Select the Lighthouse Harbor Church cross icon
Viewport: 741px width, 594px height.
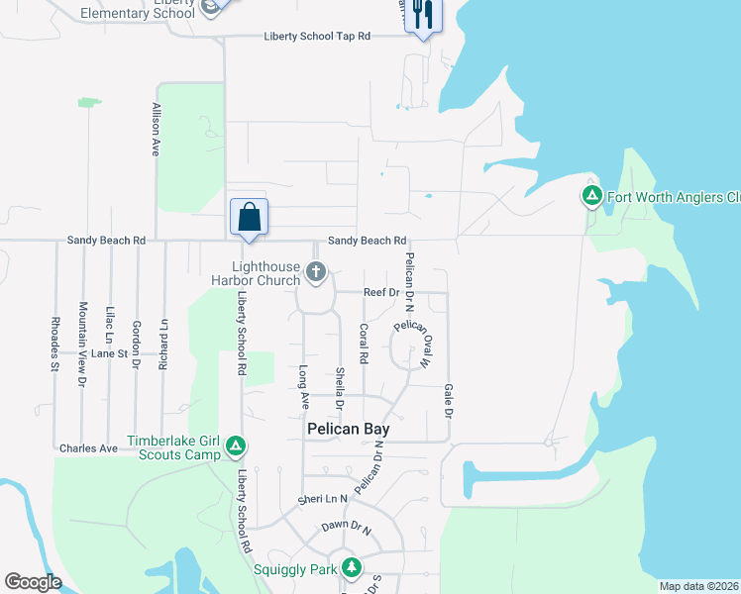[x=316, y=271]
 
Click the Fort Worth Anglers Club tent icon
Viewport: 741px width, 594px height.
[x=591, y=196]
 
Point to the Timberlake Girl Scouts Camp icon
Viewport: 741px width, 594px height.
[x=235, y=447]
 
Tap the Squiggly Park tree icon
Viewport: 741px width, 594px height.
[x=351, y=567]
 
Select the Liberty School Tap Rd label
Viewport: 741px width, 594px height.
[x=317, y=36]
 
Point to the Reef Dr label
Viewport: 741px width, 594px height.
[x=380, y=293]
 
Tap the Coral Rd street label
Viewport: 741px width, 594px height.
[x=364, y=343]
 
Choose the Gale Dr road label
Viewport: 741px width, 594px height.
[x=449, y=401]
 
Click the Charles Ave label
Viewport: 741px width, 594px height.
[x=88, y=448]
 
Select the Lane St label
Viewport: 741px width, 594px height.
[x=110, y=352]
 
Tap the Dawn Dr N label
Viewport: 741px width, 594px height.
[x=346, y=529]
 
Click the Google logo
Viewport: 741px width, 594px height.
[x=33, y=582]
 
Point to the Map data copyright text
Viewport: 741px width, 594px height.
[x=699, y=586]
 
